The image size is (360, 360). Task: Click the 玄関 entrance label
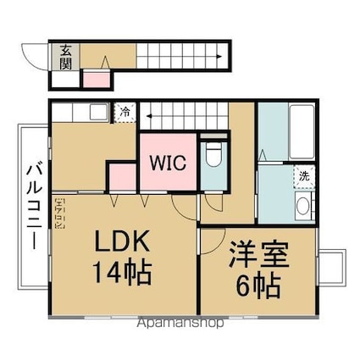tap(65, 57)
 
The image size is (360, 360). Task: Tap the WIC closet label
tap(168, 163)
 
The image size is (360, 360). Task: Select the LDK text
tap(122, 241)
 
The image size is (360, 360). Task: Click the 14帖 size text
tap(123, 273)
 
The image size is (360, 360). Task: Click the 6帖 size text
tap(258, 285)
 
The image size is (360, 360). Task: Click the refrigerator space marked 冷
tap(125, 113)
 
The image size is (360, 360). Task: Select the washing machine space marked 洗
tap(304, 176)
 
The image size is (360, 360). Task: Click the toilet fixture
tap(213, 154)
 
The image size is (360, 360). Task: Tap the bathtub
tap(302, 131)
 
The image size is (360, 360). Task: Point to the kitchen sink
tap(99, 112)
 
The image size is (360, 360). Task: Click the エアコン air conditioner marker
tap(60, 213)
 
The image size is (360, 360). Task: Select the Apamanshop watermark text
tap(180, 323)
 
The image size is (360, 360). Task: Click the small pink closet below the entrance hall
tap(97, 80)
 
